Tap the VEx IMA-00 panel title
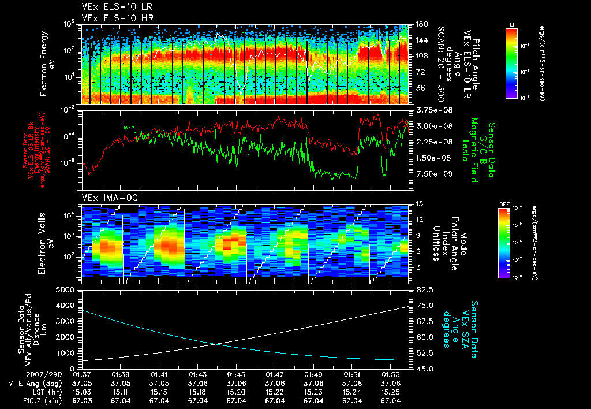(x=105, y=198)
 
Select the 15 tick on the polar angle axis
(x=419, y=204)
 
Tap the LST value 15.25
(x=391, y=392)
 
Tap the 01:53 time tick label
(x=391, y=374)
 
